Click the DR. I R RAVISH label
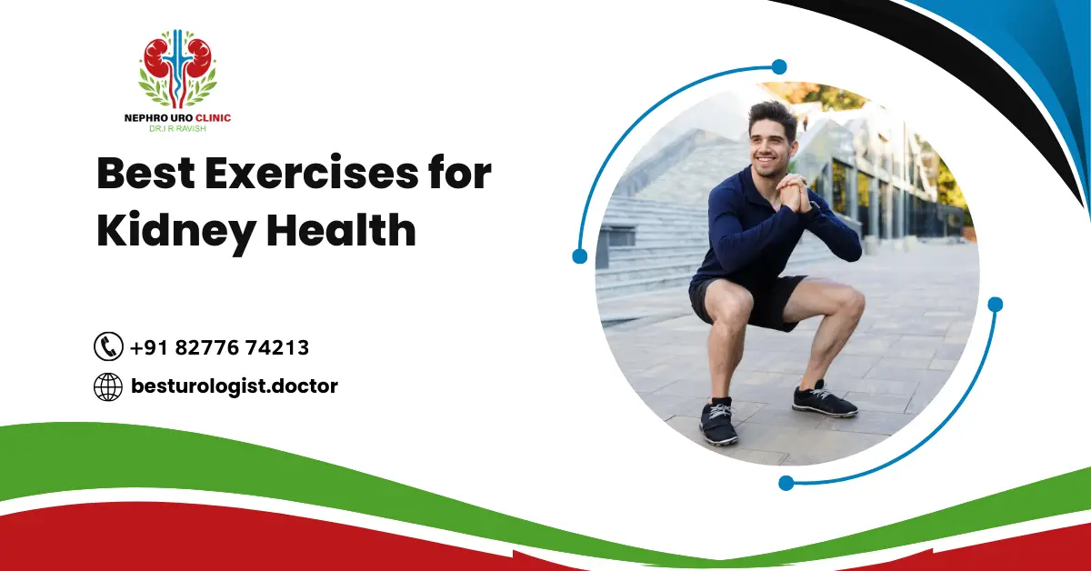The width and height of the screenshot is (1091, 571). [x=177, y=129]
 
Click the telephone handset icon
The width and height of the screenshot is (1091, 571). [x=108, y=346]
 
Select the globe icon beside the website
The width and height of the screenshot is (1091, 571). [x=108, y=386]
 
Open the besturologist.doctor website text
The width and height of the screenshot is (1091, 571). [x=234, y=386]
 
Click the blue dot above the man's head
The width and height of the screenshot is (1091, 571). [x=778, y=66]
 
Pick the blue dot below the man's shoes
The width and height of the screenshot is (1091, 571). [x=786, y=483]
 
